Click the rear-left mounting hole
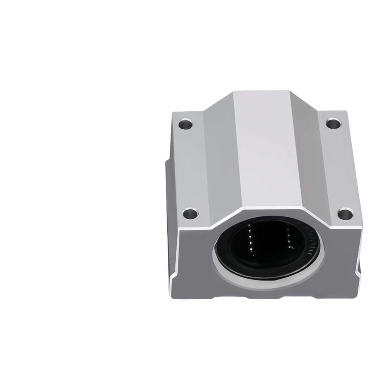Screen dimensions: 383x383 click(185, 125)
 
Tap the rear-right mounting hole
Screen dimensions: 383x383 click(334, 124)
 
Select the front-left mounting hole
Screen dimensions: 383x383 click(190, 212)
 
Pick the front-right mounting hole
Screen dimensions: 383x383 click(345, 214)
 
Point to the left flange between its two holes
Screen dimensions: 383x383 click(187, 168)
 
